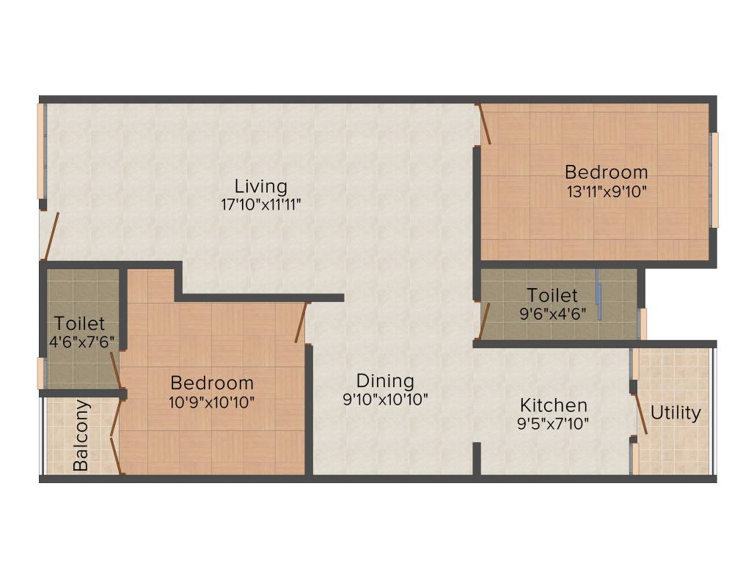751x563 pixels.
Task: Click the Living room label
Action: point(260,185)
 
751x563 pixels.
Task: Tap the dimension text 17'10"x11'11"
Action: point(261,205)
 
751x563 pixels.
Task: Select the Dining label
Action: point(385,381)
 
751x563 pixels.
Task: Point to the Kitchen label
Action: point(553,405)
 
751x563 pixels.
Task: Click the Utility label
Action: point(675,413)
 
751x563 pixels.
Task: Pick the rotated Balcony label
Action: point(81,435)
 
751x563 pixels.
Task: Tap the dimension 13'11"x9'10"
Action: point(606,191)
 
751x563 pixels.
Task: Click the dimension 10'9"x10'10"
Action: point(212,401)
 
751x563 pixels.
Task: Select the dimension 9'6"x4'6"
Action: point(552,314)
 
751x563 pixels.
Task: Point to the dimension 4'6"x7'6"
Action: point(79,341)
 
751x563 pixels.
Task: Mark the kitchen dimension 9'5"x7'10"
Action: point(553,423)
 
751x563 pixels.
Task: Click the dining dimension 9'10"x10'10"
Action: point(385,400)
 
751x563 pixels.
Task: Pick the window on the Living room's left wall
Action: point(41,150)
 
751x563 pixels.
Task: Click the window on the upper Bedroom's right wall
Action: point(714,180)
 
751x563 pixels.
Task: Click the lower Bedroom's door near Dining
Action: point(301,323)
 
